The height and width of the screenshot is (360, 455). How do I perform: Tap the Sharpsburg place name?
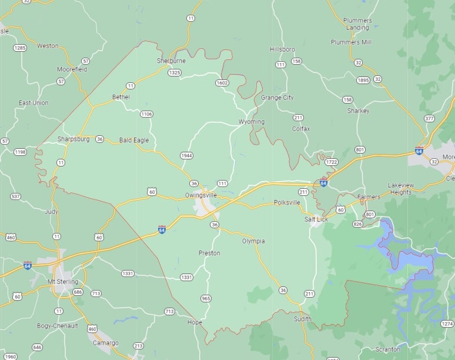click(x=73, y=139)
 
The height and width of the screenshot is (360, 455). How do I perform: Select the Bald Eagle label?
click(x=134, y=140)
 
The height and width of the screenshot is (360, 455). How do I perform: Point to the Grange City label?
click(x=277, y=98)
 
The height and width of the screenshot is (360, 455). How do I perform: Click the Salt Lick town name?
click(x=316, y=219)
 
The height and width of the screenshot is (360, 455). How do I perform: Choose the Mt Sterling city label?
click(x=63, y=282)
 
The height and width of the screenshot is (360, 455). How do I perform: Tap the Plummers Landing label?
click(x=357, y=24)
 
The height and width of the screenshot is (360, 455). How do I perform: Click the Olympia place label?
click(x=253, y=241)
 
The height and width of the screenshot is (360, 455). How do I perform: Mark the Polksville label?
click(x=287, y=203)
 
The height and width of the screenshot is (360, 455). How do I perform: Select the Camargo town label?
click(x=106, y=343)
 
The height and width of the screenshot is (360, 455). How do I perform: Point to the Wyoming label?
click(x=252, y=122)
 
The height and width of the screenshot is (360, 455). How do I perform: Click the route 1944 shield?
click(x=187, y=156)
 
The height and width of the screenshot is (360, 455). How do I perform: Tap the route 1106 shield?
click(x=146, y=114)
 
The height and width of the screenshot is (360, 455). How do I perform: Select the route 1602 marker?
click(x=222, y=83)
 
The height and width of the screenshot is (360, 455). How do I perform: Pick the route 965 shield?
click(x=206, y=298)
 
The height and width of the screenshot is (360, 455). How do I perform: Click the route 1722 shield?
click(x=332, y=162)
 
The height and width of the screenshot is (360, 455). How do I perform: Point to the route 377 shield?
click(x=429, y=118)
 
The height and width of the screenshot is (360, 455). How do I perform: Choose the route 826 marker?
click(x=357, y=224)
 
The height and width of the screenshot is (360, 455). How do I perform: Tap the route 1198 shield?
click(x=20, y=152)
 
